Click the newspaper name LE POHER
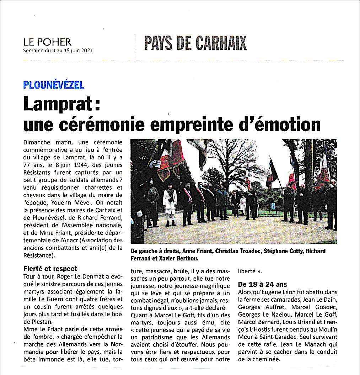click(47, 42)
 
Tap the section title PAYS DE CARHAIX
click(195, 43)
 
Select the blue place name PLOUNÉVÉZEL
click(54, 85)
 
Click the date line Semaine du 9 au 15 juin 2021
click(58, 51)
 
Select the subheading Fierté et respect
click(50, 269)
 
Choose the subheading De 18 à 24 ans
click(262, 284)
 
